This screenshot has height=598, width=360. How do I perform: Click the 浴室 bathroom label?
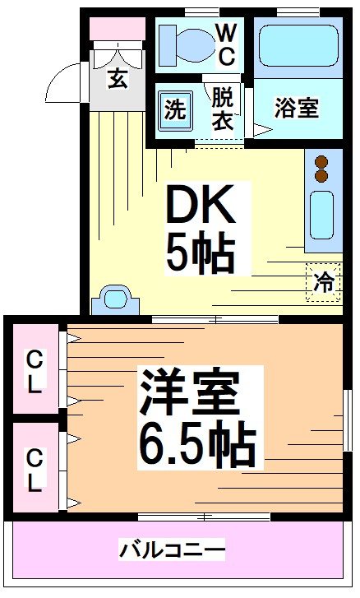(x=296, y=109)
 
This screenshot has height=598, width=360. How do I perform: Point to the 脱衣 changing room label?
(x=223, y=108)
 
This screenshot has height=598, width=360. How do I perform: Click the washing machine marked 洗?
(x=175, y=110)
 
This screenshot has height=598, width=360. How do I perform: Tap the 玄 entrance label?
(x=117, y=80)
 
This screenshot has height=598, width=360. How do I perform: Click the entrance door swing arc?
(x=64, y=83)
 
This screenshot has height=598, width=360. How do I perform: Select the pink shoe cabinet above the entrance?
(x=116, y=29)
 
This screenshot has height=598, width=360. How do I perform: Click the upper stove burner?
(x=321, y=162)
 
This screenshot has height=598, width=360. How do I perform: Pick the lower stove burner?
(x=321, y=176)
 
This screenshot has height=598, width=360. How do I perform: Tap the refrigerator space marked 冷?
(x=324, y=281)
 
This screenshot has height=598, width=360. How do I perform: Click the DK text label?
(x=201, y=206)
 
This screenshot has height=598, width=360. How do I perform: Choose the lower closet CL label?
(x=34, y=470)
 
